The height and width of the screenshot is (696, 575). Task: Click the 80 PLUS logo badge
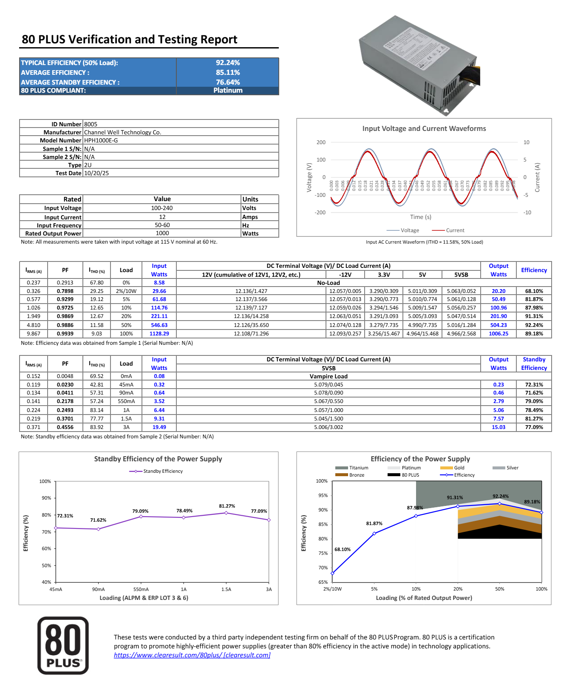[x=63, y=645]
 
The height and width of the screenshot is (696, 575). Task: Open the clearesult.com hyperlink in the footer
[x=192, y=655]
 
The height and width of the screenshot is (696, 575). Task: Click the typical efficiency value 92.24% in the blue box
[x=228, y=62]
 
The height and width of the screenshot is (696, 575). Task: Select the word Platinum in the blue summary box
[x=228, y=90]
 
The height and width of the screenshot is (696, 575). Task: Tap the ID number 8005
[x=91, y=124]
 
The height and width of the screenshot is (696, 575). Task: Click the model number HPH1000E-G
[x=101, y=140]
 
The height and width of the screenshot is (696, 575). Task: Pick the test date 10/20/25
[x=96, y=173]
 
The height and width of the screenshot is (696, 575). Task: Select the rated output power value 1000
[x=162, y=233]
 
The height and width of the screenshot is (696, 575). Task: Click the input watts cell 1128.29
[x=159, y=334]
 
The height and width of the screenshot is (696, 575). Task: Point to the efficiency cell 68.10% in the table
[x=534, y=291]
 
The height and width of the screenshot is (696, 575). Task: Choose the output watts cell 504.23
[x=499, y=325]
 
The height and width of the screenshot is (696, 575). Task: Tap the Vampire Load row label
[x=329, y=376]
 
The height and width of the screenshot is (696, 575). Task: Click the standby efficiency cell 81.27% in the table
[x=534, y=419]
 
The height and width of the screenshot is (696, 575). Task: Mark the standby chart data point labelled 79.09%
[x=141, y=517]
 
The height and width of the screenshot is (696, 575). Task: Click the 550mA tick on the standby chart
[x=141, y=589]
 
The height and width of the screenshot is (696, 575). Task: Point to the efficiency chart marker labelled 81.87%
[x=374, y=533]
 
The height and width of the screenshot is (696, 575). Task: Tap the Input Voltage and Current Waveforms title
[x=424, y=128]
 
